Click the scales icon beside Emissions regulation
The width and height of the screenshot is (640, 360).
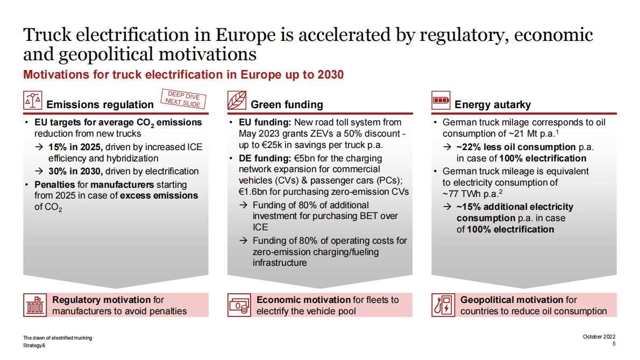pyautogui.click(x=33, y=101)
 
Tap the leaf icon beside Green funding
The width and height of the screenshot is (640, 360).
pyautogui.click(x=237, y=101)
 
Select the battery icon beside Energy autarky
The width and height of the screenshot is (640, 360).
pyautogui.click(x=441, y=101)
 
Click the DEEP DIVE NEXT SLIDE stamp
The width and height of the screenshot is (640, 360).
pyautogui.click(x=183, y=99)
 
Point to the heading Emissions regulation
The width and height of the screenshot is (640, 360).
pyautogui.click(x=100, y=105)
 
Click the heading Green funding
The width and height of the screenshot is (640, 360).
pyautogui.click(x=287, y=105)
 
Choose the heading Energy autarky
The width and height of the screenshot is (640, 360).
pyautogui.click(x=493, y=105)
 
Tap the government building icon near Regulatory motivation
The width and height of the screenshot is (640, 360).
pyautogui.click(x=35, y=305)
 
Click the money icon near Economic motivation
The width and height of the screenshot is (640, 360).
pyautogui.click(x=239, y=305)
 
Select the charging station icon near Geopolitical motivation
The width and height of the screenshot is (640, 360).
pyautogui.click(x=443, y=305)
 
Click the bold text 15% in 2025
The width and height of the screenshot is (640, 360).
pyautogui.click(x=75, y=147)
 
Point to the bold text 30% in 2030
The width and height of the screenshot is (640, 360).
pyautogui.click(x=75, y=172)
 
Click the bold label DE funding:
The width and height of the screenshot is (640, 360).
pyautogui.click(x=265, y=158)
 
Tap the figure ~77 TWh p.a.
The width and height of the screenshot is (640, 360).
pyautogui.click(x=472, y=194)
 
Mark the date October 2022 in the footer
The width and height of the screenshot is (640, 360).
pyautogui.click(x=599, y=337)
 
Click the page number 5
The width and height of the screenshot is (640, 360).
pyautogui.click(x=614, y=344)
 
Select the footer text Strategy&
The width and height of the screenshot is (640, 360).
pyautogui.click(x=34, y=345)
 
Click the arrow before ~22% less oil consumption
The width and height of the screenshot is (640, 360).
pyautogui.click(x=447, y=147)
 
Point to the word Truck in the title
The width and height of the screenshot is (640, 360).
pyautogui.click(x=47, y=34)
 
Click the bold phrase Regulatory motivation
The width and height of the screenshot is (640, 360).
pyautogui.click(x=102, y=300)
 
